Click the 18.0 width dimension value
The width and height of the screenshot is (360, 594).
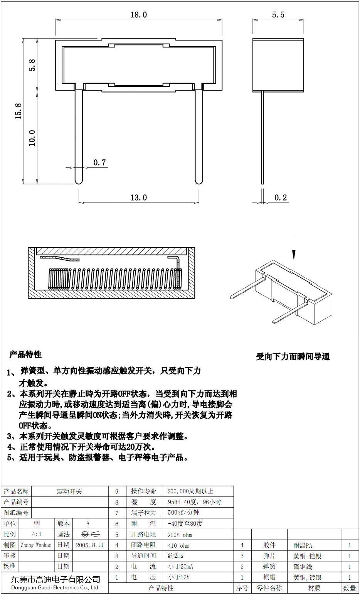pos(139,15)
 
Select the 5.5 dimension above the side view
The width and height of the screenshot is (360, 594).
pos(278,15)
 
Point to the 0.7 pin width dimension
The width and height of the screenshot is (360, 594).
pos(99,162)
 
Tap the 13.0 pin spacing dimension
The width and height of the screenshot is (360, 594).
pos(139,197)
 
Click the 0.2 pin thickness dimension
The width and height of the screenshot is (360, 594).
pos(281,197)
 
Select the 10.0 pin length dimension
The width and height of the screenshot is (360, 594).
pos(32,138)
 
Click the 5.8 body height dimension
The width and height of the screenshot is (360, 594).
pos(32,65)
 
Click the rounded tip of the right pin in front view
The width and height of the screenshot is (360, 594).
pos(199,181)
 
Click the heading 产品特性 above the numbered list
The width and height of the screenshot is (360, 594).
pos(25,354)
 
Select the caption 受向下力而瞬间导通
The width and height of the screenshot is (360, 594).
pos(293,357)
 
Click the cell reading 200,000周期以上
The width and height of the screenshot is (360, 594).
pos(190,491)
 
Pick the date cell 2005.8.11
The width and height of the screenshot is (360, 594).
pos(90,545)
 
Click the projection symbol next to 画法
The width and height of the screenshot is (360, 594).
pos(90,534)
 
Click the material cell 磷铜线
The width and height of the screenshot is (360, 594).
pos(303,567)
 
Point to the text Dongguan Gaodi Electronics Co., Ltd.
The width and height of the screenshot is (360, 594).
pos(55,587)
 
